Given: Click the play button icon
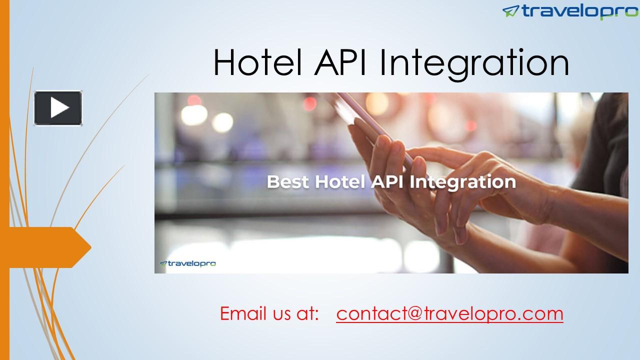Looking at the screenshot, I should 58,108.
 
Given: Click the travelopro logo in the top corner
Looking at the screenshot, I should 569,11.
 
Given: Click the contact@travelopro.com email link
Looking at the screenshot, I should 449,314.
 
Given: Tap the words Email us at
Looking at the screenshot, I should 269,314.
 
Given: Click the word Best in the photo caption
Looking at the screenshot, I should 287,181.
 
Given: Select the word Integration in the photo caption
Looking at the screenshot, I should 462,182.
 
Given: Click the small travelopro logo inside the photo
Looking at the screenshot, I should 187,263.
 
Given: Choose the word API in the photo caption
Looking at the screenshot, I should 388,181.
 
